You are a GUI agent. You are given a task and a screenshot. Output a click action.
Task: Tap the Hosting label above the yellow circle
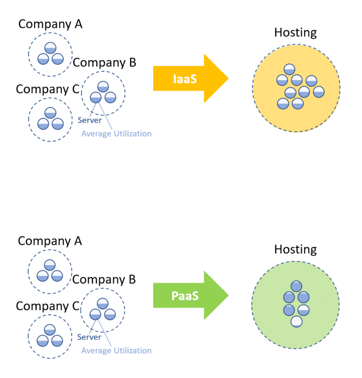coord(296,32)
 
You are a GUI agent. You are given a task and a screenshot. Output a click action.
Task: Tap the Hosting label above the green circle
coord(296,249)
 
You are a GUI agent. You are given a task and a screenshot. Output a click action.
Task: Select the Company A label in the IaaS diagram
coord(50,24)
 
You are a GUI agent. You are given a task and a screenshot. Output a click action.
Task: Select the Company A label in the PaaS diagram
coord(50,241)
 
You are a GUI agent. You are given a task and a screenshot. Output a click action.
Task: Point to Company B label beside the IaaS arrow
coord(105,62)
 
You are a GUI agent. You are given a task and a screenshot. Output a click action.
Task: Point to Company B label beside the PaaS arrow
coord(104,279)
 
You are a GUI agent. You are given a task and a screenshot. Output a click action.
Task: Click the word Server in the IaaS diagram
coord(90,120)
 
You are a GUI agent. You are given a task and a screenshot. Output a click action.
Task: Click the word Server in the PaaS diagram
coord(90,337)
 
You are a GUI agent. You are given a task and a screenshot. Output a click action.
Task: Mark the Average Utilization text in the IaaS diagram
coord(116,134)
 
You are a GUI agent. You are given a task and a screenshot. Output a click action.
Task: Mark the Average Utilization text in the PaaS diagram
coord(116,351)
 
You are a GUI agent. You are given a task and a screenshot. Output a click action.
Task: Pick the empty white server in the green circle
coord(296,322)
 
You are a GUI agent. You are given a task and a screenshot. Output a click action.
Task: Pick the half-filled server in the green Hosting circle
coord(303,310)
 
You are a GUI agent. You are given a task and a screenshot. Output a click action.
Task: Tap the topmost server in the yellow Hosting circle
coord(289,69)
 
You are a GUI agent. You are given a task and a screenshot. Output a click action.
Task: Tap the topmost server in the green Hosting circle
coord(296,286)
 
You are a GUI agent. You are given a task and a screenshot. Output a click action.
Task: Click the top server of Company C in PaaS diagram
coord(50,330)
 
